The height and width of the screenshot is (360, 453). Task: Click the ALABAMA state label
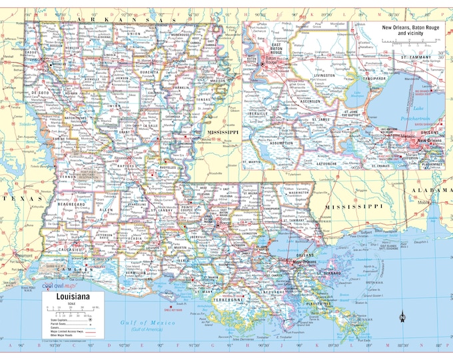click(x=430, y=191)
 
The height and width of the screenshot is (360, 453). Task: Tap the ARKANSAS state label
click(x=99, y=21)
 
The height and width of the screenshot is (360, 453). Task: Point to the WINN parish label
click(x=115, y=105)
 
